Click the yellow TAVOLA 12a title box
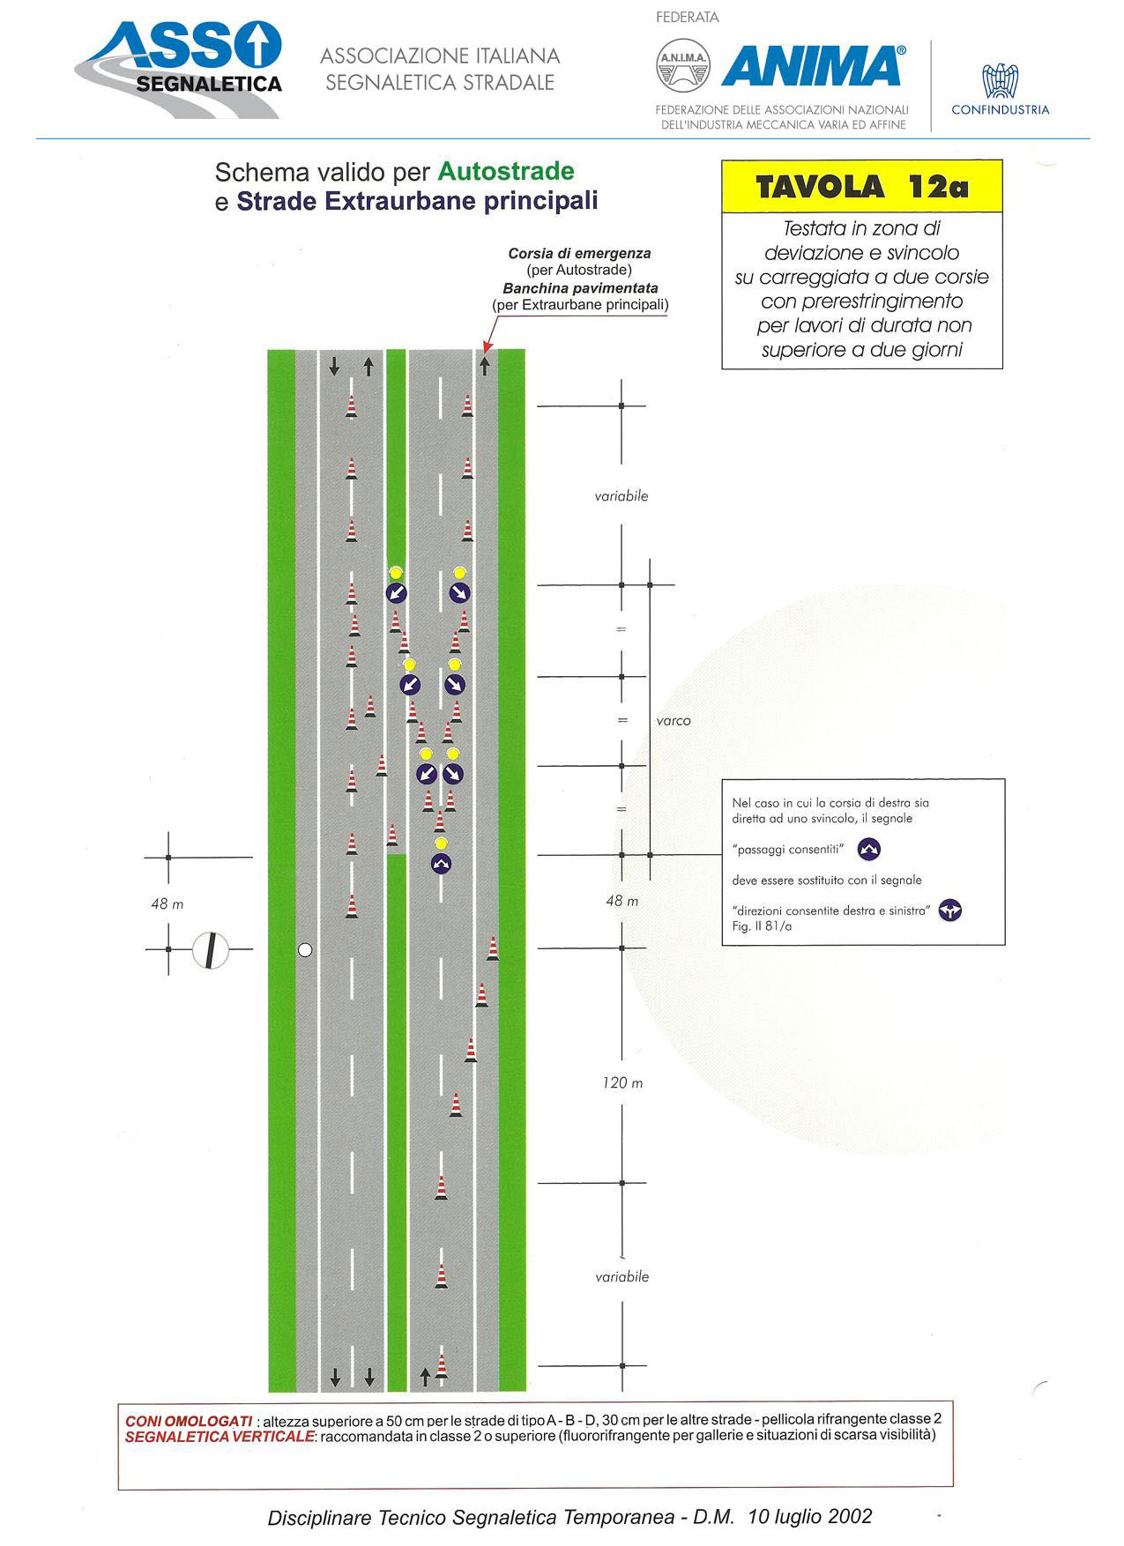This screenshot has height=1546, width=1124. pyautogui.click(x=862, y=187)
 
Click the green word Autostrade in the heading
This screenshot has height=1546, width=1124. pyautogui.click(x=506, y=171)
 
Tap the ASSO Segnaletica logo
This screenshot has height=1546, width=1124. pyautogui.click(x=179, y=70)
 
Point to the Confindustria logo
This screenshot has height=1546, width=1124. pyautogui.click(x=1001, y=90)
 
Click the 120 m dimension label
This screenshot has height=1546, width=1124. pyautogui.click(x=622, y=1082)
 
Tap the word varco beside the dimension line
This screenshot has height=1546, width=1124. pyautogui.click(x=674, y=721)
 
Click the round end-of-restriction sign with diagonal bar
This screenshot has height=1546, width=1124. pyautogui.click(x=211, y=950)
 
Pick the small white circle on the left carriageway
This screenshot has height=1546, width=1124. pyautogui.click(x=305, y=949)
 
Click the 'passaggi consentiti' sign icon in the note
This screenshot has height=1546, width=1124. pyautogui.click(x=869, y=849)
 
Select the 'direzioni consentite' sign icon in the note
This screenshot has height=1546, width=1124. pyautogui.click(x=949, y=911)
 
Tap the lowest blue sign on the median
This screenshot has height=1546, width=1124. pyautogui.click(x=441, y=864)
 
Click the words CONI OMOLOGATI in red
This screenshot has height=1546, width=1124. pyautogui.click(x=189, y=1421)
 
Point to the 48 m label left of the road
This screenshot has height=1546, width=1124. pyautogui.click(x=167, y=903)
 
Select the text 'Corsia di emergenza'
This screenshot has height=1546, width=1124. pyautogui.click(x=579, y=254)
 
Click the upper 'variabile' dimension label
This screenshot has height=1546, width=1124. pyautogui.click(x=622, y=496)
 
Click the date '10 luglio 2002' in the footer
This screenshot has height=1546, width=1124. pyautogui.click(x=809, y=1516)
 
